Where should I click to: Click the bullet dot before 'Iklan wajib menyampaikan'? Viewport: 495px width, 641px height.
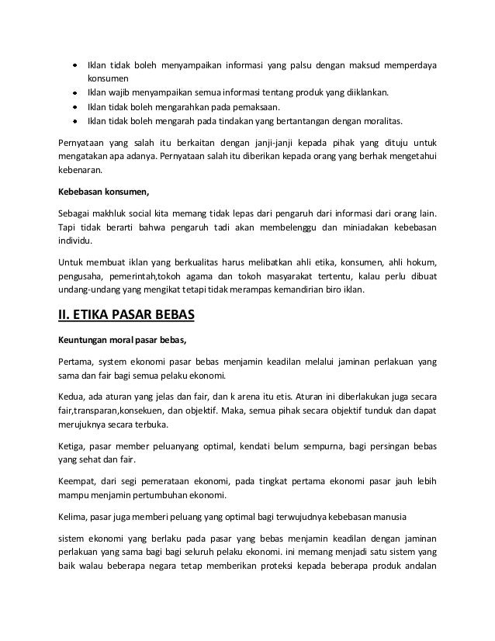coord(74,93)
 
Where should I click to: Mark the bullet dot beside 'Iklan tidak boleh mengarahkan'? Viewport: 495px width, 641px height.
coord(74,107)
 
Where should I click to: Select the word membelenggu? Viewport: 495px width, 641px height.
coord(310,229)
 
